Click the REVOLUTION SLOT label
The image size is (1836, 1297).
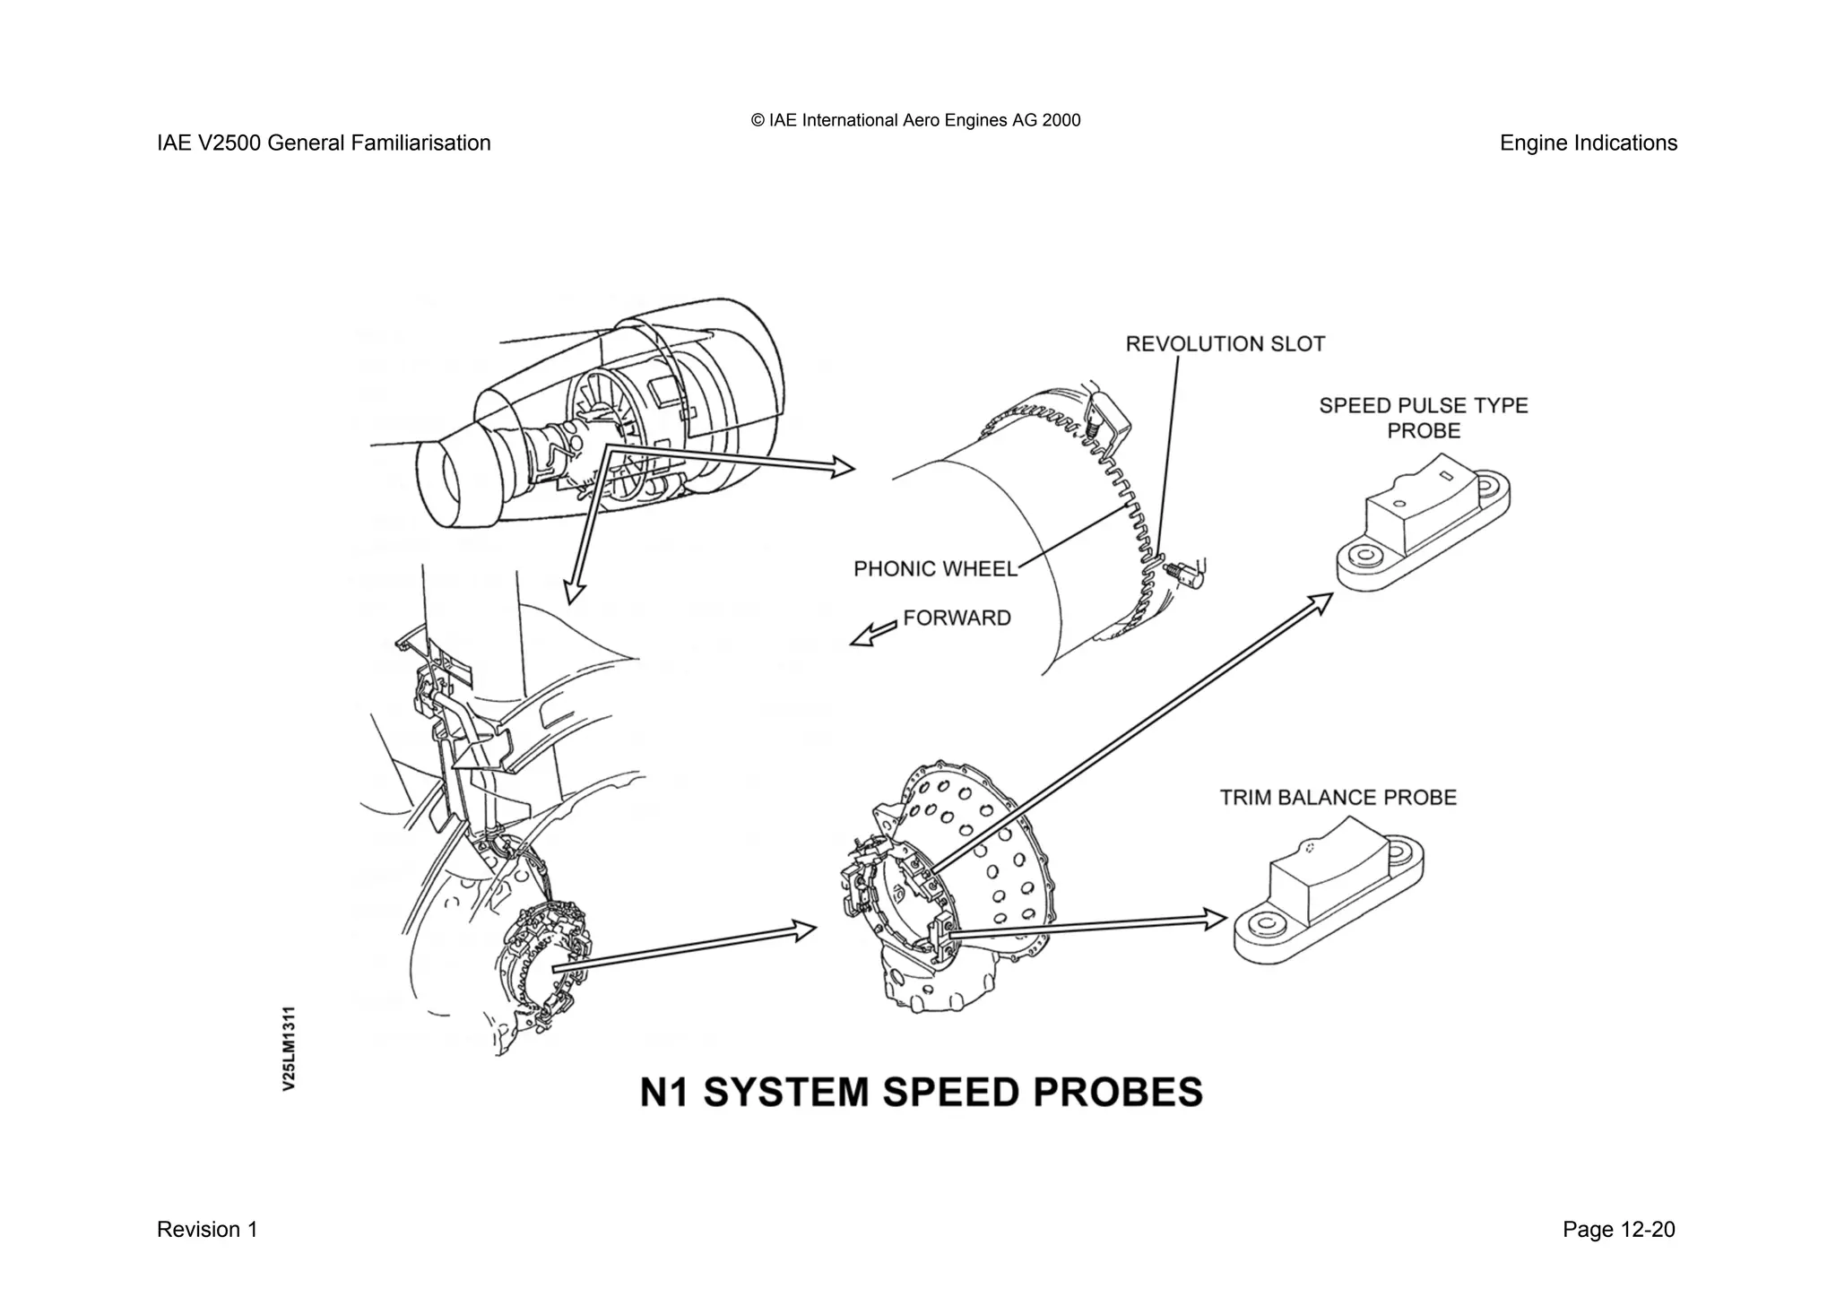click(x=1225, y=344)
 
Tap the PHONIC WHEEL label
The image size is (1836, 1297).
click(x=935, y=569)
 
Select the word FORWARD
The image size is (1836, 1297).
click(x=957, y=618)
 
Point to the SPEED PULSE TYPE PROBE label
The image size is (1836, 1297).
click(x=1423, y=418)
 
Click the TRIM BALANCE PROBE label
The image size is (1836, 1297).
click(x=1338, y=798)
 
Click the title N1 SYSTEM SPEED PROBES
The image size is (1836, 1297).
click(x=921, y=1093)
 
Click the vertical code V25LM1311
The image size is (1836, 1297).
click(x=289, y=1049)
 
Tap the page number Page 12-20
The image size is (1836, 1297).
click(x=1618, y=1230)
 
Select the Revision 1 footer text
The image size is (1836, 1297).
click(x=207, y=1230)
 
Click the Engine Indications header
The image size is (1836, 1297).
click(x=1588, y=143)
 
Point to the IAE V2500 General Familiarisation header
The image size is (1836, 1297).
click(x=324, y=143)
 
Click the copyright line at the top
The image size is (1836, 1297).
click(x=915, y=120)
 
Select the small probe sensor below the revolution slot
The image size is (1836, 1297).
click(x=1185, y=573)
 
